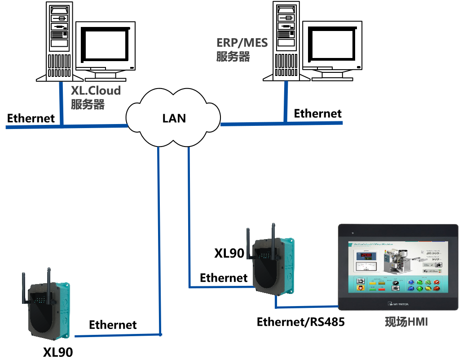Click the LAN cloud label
coord(174,118)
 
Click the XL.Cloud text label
coord(96,90)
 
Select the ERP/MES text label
coord(242,43)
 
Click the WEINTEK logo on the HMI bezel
coord(397,304)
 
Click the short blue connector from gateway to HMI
coord(305,307)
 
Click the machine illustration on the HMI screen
coord(397,261)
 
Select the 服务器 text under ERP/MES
coord(233,57)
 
